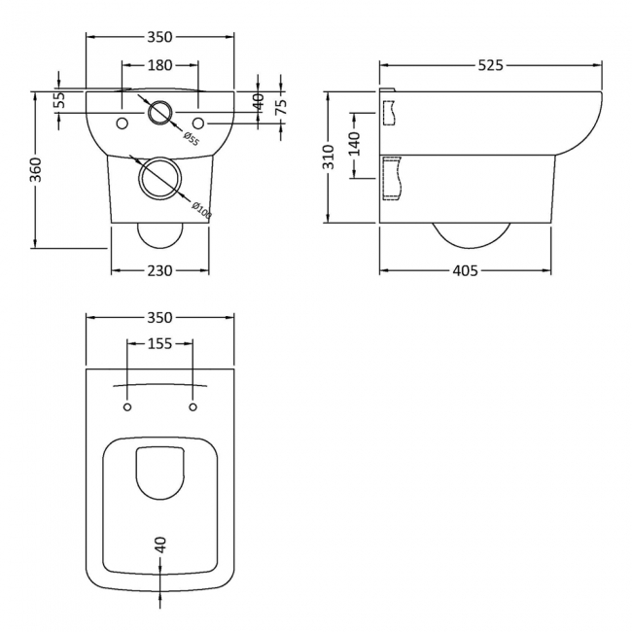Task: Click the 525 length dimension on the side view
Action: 491,65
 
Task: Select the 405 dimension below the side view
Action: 466,270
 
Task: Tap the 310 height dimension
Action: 329,157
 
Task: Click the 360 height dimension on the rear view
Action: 36,170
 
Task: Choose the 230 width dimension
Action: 159,270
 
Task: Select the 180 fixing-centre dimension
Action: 159,65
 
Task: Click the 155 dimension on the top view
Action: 160,342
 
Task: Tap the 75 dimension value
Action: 281,107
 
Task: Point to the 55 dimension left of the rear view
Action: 59,98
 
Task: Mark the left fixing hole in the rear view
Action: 123,123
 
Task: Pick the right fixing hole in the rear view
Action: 197,123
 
